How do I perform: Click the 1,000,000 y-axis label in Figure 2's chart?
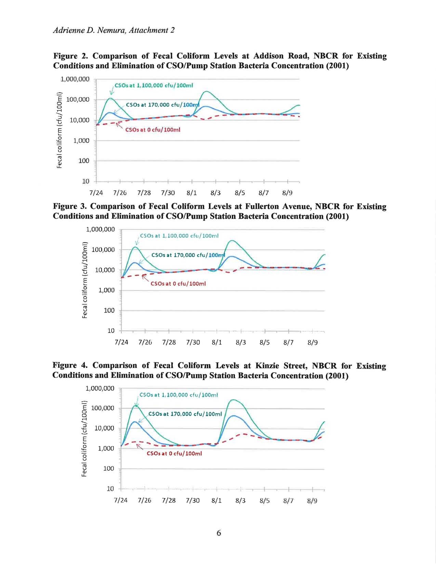pyautogui.click(x=75, y=79)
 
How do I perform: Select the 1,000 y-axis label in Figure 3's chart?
pyautogui.click(x=106, y=290)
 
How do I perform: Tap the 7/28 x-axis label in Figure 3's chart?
pyautogui.click(x=169, y=343)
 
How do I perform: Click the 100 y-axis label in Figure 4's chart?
pyautogui.click(x=109, y=469)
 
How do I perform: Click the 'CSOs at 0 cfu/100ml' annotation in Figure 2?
pyautogui.click(x=153, y=130)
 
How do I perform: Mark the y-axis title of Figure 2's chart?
pyautogui.click(x=60, y=130)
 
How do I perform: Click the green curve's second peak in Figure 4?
pyautogui.click(x=233, y=400)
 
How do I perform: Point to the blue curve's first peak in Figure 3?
pyautogui.click(x=135, y=263)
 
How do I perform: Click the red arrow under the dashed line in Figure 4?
pyautogui.click(x=140, y=446)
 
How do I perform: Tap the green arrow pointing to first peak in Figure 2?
pyautogui.click(x=112, y=90)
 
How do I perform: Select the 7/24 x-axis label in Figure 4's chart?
pyautogui.click(x=121, y=500)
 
